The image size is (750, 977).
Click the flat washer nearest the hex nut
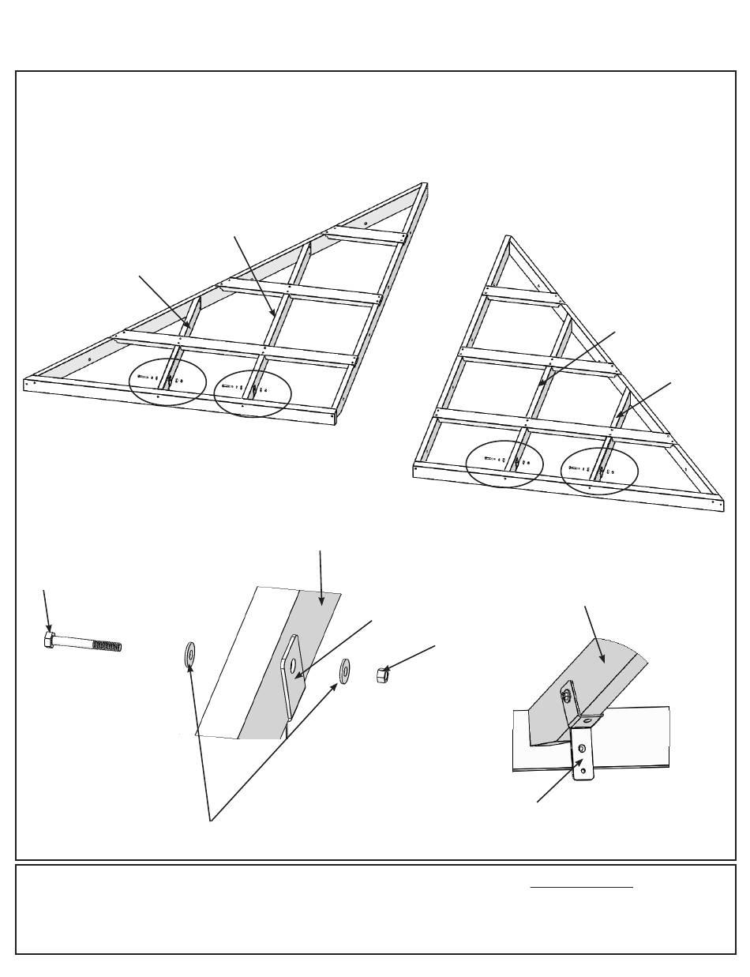coord(346,671)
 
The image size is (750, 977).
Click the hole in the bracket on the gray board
coord(294,667)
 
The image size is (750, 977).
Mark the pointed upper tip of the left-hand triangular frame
coord(426,184)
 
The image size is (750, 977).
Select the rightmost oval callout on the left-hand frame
coord(253,390)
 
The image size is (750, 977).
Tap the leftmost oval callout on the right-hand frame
coord(504,464)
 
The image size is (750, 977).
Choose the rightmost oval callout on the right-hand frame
coord(598,472)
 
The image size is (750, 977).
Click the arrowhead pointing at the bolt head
coord(50,627)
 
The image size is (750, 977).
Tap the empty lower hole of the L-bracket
coord(583,762)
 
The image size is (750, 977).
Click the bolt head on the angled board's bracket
coord(568,695)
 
